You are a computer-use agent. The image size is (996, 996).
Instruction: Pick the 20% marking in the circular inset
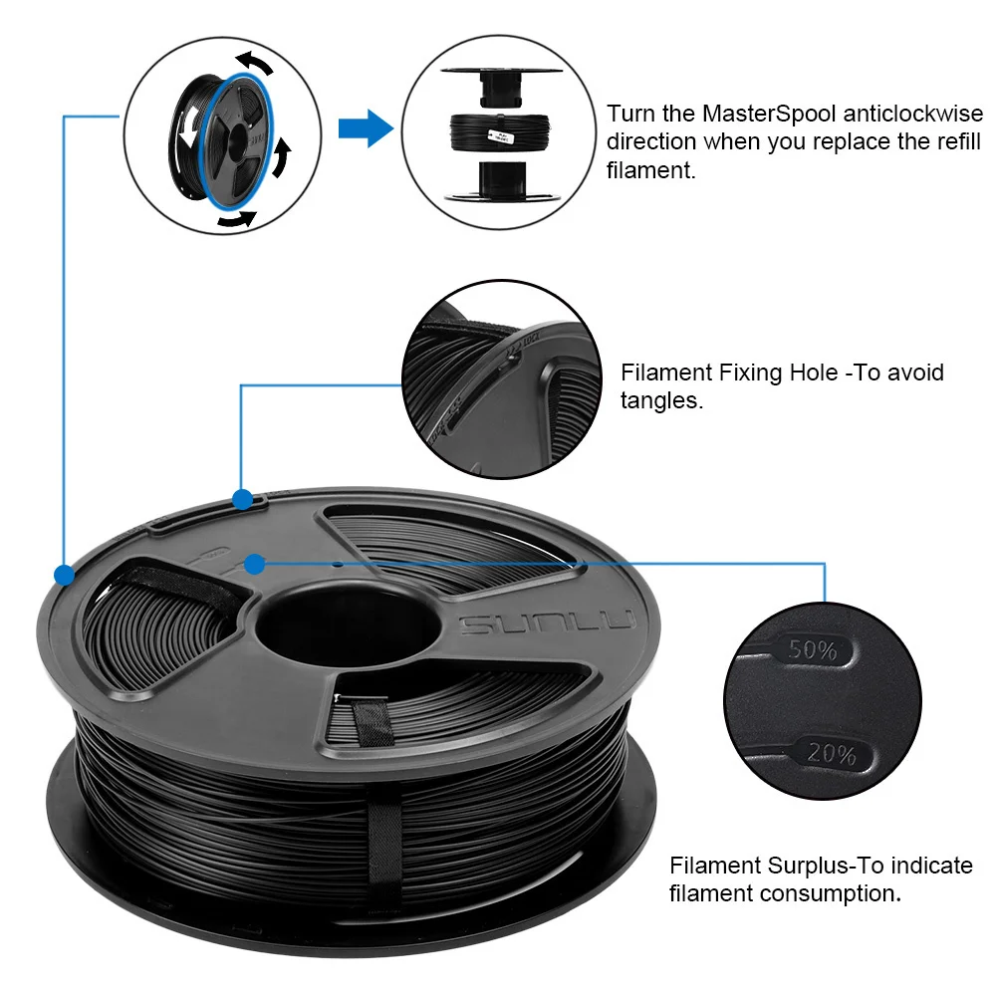(x=833, y=754)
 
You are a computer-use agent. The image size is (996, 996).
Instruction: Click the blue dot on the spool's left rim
(x=64, y=575)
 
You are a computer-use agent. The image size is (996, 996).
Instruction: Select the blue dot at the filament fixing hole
(x=242, y=498)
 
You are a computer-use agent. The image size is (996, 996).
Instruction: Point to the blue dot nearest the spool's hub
(x=254, y=565)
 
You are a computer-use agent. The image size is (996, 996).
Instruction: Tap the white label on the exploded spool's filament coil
(x=501, y=132)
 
